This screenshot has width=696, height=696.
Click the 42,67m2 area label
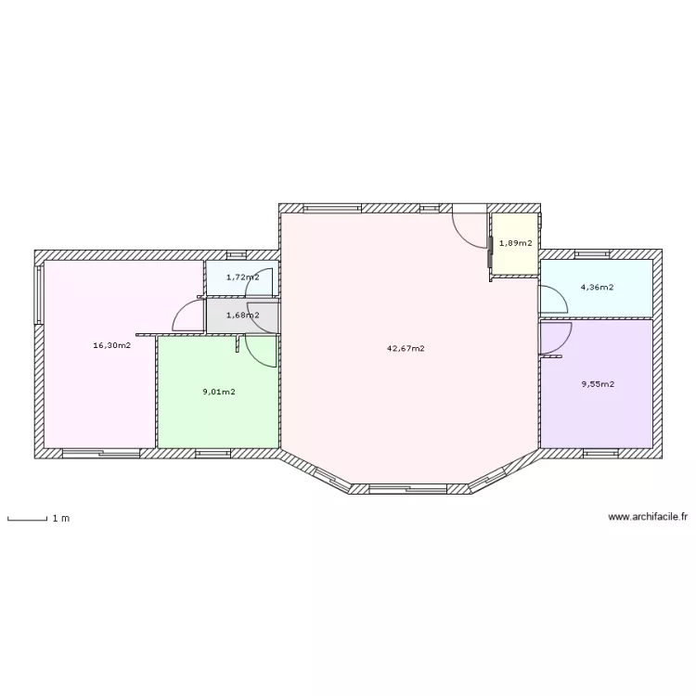[406, 348]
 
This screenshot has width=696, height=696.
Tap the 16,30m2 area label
[112, 345]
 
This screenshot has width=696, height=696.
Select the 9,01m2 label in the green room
[219, 392]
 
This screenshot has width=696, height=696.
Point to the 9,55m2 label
[598, 384]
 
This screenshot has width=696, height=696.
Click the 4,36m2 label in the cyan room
[597, 287]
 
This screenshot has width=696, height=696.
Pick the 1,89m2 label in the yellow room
[516, 243]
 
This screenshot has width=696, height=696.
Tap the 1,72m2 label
[243, 277]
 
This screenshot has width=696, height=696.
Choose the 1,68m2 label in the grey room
[243, 316]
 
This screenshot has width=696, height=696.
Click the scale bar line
[28, 519]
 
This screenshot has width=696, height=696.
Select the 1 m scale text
[61, 519]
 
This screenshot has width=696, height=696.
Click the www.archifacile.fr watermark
[648, 517]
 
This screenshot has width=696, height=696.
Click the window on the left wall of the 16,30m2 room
[39, 295]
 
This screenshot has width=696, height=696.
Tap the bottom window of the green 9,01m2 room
[213, 453]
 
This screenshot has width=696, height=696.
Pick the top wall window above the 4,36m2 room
[593, 254]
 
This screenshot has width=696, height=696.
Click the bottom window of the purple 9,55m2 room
[600, 453]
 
